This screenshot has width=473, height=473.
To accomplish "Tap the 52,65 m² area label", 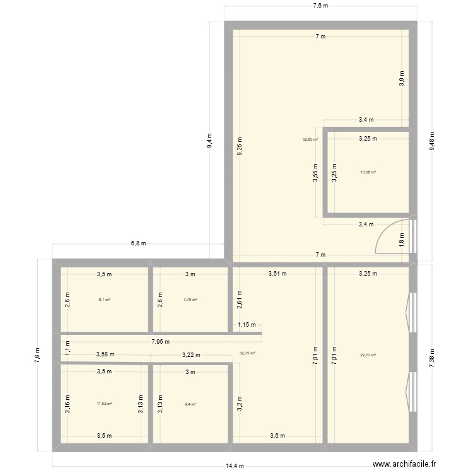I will coord(310,140).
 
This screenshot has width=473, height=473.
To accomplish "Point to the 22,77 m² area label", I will coord(368,355).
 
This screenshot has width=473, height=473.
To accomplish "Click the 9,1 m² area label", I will coord(105,300).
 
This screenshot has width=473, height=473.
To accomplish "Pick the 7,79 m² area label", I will coord(190,300).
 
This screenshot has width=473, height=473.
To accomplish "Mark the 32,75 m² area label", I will coord(247,353).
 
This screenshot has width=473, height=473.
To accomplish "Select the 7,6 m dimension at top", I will coord(320,6).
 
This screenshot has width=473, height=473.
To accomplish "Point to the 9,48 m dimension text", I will coord(433,141).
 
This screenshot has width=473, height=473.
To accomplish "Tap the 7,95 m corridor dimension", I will coord(160,342).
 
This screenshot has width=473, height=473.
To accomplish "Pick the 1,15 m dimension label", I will coord(247,325).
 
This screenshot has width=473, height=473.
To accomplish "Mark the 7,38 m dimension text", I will coord(433,358).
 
